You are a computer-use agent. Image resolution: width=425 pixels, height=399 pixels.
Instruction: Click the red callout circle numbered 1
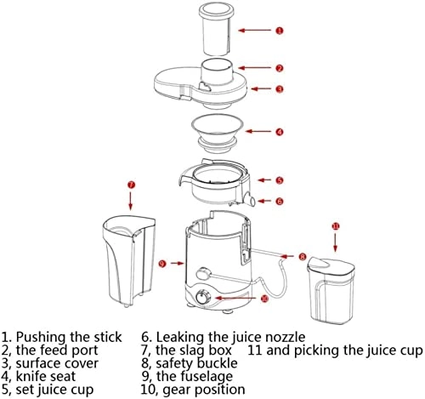pos(280,30)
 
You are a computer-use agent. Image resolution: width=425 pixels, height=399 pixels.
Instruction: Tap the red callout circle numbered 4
pos(279,132)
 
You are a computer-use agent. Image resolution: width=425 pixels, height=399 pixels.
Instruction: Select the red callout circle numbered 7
pos(130,184)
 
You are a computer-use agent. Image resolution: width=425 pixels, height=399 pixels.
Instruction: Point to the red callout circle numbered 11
pos(335,227)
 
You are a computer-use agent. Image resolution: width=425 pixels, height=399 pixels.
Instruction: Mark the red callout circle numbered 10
pos(263,299)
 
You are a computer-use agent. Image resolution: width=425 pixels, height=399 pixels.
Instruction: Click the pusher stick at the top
pos(218,30)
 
